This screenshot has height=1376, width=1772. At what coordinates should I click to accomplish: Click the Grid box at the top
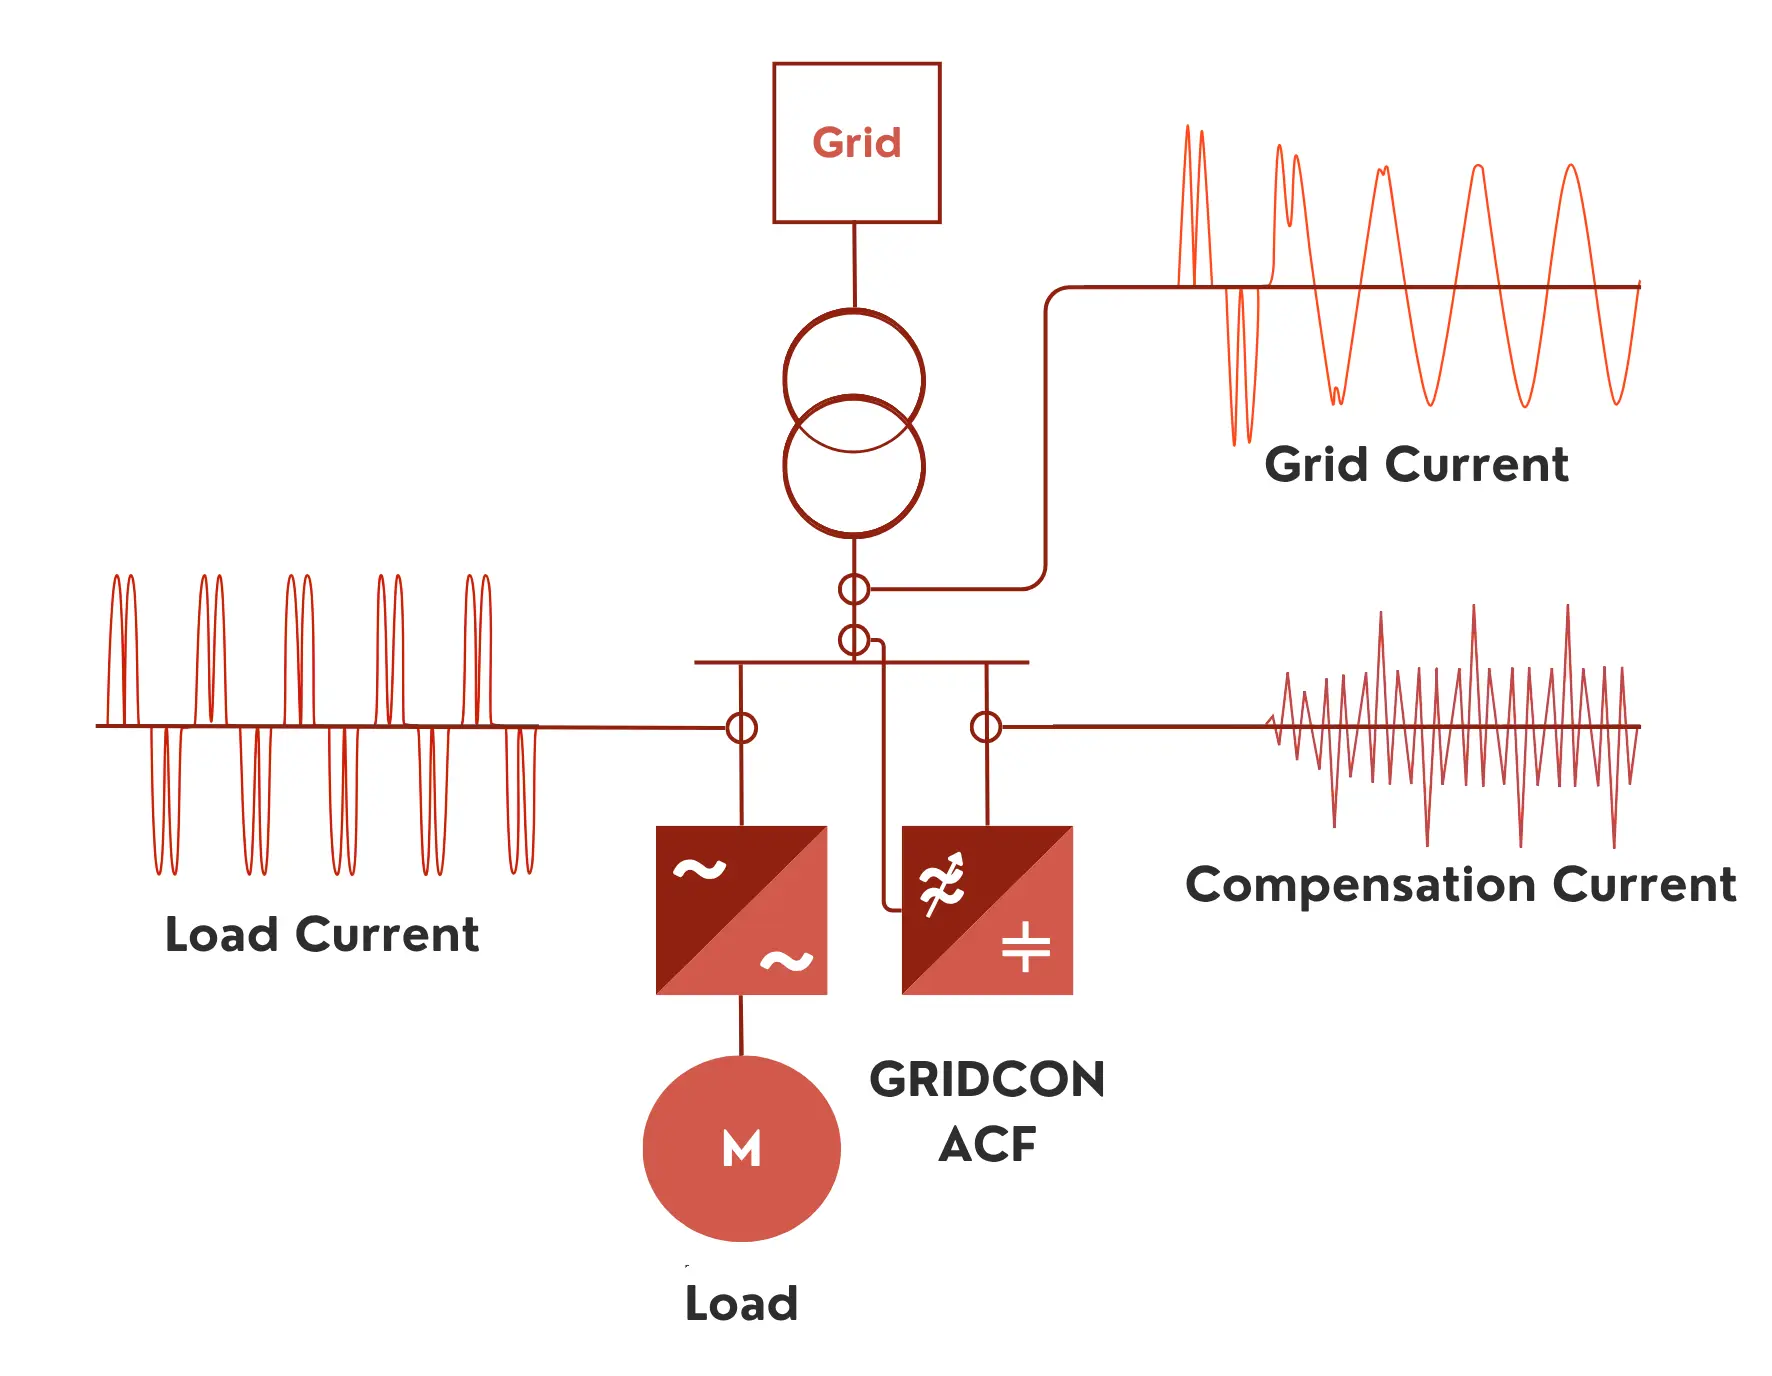pos(856,100)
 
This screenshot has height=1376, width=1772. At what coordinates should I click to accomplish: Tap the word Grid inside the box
pos(856,143)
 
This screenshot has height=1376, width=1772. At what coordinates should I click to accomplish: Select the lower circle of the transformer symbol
pos(854,490)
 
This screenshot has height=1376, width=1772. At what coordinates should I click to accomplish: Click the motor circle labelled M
pos(741,1190)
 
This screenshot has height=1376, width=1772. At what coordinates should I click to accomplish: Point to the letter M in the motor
pos(741,1148)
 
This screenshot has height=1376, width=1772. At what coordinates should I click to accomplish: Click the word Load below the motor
pos(741,1303)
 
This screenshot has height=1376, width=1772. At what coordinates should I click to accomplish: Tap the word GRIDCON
pos(987,1080)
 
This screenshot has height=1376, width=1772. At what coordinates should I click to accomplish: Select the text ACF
pos(987,1144)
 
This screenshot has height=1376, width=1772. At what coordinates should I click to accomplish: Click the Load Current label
pos(321,934)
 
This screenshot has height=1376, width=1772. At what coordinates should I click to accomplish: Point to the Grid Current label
pos(1416,465)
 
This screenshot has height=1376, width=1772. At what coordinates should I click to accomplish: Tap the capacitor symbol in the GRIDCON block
pos(1026,946)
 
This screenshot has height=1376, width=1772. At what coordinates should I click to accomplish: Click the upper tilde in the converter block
pos(699,870)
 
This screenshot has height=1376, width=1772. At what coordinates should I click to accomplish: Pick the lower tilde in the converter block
pos(786,961)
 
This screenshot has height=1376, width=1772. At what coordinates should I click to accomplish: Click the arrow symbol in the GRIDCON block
pos(943,883)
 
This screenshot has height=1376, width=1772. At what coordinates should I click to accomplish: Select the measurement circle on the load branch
pos(741,728)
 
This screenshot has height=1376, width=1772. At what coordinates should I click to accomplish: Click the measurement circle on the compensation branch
pos(986,727)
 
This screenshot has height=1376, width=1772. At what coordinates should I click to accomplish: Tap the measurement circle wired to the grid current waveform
pos(854,589)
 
